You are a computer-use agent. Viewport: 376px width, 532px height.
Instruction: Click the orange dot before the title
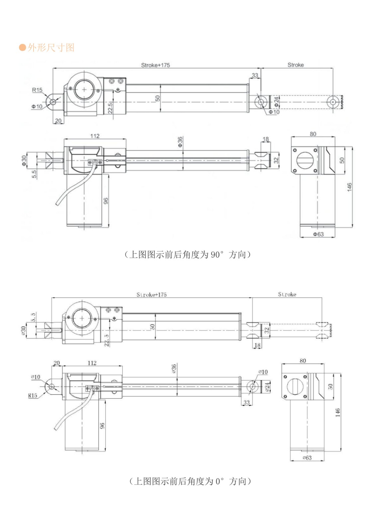[23, 48]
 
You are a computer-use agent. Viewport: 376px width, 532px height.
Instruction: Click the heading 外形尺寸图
[51, 48]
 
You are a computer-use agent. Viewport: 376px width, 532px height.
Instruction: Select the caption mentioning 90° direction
[188, 255]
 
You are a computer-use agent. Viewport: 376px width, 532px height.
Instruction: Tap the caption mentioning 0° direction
[190, 481]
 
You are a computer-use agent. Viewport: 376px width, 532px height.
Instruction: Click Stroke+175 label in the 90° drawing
[155, 65]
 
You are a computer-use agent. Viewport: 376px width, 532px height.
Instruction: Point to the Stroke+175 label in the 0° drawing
[152, 295]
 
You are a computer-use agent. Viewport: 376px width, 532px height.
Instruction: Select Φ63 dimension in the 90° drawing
[318, 234]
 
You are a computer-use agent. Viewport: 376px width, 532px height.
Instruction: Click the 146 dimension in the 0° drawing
[338, 413]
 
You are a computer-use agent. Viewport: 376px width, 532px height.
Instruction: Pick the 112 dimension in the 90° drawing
[95, 136]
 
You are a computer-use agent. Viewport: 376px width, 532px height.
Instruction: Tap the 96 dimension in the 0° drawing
[102, 426]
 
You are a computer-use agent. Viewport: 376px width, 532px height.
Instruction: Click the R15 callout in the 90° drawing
[37, 90]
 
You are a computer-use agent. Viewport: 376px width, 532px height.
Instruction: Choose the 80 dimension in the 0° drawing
[303, 361]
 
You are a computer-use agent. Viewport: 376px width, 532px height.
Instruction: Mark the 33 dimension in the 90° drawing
[255, 75]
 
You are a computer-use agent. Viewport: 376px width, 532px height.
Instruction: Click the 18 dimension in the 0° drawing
[257, 345]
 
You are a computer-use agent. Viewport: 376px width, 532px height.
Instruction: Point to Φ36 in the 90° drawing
[180, 142]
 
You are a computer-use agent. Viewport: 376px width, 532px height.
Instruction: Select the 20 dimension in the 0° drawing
[57, 363]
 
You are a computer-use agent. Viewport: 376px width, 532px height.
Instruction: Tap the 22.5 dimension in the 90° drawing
[110, 108]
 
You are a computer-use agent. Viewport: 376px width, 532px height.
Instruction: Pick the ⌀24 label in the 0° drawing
[267, 387]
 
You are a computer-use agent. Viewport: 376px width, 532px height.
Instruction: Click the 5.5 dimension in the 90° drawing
[34, 174]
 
